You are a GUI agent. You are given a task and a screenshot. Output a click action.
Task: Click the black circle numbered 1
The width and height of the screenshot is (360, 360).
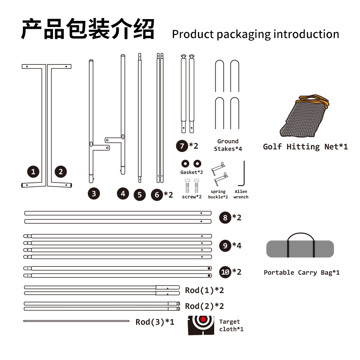click(33, 171)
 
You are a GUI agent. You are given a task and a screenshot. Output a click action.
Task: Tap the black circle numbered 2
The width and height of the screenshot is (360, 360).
click(60, 171)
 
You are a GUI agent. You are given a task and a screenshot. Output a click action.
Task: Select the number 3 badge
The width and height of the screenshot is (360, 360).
click(94, 194)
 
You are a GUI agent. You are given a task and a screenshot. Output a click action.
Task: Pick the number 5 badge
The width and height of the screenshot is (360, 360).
click(140, 195)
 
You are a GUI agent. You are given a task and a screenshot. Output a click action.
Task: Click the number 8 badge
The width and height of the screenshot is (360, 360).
click(225, 217)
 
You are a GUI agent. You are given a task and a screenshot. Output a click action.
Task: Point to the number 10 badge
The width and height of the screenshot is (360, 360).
click(225, 272)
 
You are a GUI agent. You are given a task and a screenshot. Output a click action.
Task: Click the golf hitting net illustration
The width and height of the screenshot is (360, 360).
click(305, 116)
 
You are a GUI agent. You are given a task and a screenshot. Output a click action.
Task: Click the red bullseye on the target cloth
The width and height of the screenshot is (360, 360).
click(203, 319)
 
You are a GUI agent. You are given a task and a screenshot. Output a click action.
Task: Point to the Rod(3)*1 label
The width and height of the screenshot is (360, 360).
click(155, 322)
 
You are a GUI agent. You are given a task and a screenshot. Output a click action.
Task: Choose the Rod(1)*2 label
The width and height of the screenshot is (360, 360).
click(204, 291)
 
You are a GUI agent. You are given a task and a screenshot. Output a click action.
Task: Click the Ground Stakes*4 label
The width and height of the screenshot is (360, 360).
click(228, 145)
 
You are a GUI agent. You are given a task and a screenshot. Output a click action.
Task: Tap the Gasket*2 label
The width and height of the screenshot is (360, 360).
click(192, 172)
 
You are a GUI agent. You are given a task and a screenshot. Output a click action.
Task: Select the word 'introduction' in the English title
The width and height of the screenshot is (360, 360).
click(306, 34)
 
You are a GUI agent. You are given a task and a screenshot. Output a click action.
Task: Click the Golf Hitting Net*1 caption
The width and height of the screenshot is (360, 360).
click(305, 147)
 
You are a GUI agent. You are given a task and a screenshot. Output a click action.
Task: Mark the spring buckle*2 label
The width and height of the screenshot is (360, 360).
click(218, 194)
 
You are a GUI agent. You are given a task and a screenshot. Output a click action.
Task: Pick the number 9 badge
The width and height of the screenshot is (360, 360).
click(225, 246)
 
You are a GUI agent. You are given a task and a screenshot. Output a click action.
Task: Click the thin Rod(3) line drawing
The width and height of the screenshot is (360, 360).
click(76, 321)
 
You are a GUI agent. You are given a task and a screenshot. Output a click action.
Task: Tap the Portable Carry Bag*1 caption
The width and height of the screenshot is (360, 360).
click(302, 273)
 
